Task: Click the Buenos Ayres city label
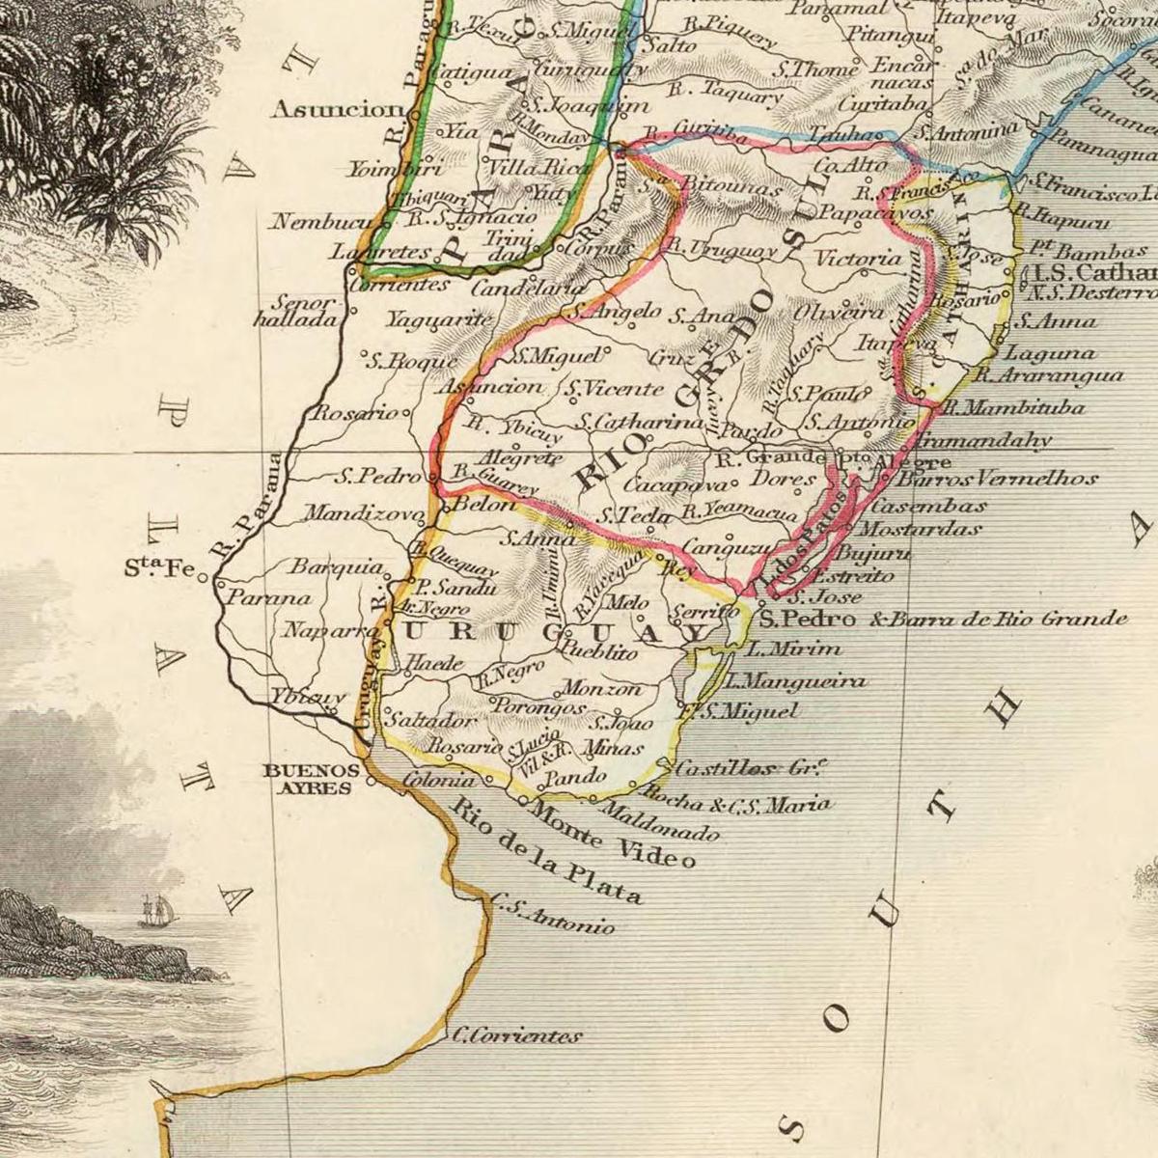(x=311, y=778)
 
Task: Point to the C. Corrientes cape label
(x=517, y=1036)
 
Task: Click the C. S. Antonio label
(x=552, y=916)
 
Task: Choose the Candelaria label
(x=529, y=288)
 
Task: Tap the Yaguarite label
(x=439, y=319)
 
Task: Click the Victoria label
(x=858, y=259)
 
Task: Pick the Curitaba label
(x=883, y=104)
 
